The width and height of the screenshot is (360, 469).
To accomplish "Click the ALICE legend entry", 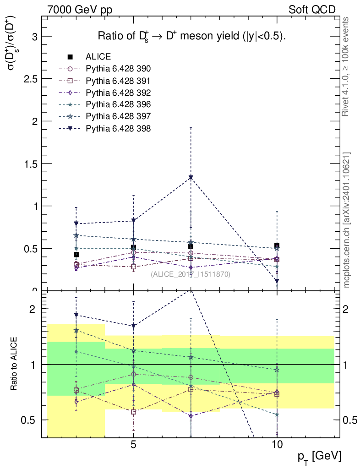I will click(x=98, y=57).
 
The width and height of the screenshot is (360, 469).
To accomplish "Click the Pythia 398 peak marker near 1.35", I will click(x=191, y=177).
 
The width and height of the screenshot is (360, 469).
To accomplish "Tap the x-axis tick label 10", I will click(x=277, y=444).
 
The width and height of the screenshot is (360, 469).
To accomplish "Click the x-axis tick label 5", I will click(x=133, y=444).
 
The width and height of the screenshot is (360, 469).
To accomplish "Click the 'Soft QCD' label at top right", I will click(x=312, y=9).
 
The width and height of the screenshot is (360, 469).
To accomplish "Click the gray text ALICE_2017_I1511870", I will click(x=191, y=274).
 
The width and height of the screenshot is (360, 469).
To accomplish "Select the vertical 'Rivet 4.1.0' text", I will click(x=346, y=67).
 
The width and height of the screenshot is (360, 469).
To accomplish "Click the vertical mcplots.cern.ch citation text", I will click(x=346, y=220).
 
